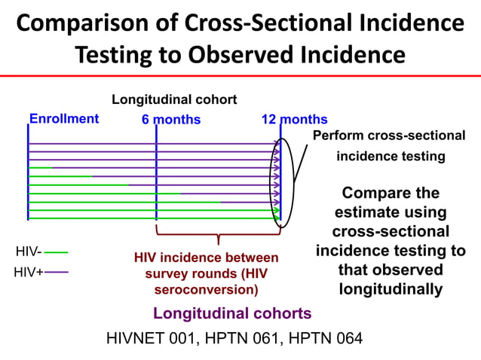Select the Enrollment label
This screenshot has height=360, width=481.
coord(63,118)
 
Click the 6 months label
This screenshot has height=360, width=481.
coord(171,120)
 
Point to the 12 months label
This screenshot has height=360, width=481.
coord(294,120)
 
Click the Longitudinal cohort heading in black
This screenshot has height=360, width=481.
coord(174,99)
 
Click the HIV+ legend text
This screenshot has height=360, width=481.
coord(29,271)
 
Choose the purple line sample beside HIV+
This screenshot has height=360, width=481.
coord(61,272)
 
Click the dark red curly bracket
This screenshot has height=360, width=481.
coord(218,234)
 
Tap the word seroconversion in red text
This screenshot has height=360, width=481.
coord(205,289)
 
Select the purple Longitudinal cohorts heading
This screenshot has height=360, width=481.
coord(231,313)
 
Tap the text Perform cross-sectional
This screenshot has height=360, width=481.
coord(388,136)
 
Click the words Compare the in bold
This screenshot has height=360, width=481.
coord(390,194)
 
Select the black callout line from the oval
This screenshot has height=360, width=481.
coord(299,163)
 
